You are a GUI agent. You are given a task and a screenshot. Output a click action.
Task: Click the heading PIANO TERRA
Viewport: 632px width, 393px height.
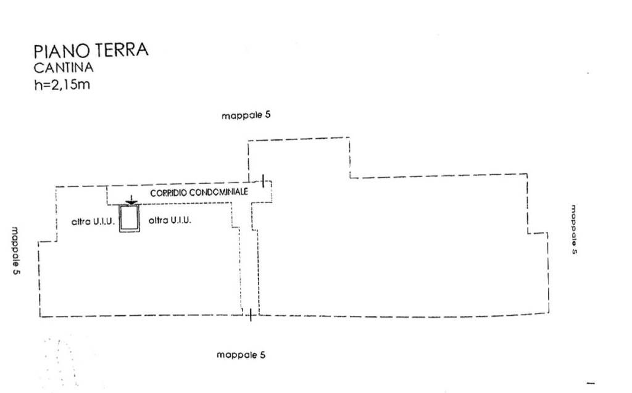point(91,51)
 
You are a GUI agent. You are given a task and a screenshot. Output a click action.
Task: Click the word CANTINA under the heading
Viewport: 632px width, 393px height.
point(64,68)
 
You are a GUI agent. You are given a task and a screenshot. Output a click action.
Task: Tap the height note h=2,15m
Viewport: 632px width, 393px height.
point(62,85)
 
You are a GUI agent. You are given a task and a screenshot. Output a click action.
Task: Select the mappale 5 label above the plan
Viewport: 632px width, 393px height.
point(246,115)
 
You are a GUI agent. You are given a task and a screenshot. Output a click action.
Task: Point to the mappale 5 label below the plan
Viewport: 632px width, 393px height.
point(241,355)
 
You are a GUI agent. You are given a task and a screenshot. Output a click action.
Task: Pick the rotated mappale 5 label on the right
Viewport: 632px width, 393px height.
point(573,229)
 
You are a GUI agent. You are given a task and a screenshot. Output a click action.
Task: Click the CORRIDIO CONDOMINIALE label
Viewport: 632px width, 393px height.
point(199,192)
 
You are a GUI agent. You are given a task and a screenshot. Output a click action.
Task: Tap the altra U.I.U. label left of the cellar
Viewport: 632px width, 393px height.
point(93,221)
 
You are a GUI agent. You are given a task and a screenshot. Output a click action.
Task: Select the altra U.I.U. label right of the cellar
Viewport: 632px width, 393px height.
point(170,220)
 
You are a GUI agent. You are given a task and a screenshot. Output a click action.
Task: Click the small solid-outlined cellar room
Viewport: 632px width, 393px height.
point(130,219)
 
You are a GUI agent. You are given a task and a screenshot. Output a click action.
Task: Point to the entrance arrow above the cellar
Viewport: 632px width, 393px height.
point(130,201)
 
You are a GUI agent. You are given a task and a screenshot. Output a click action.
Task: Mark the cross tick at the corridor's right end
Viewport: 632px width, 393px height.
point(264,181)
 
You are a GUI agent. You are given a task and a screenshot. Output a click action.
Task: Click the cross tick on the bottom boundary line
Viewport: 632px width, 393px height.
point(250,315)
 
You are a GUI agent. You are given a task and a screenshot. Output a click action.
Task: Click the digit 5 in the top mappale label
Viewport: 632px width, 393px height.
point(268,115)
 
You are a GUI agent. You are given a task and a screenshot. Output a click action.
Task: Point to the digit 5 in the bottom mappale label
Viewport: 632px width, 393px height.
point(263,355)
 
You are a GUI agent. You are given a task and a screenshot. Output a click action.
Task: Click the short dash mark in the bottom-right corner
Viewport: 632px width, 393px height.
point(591,383)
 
